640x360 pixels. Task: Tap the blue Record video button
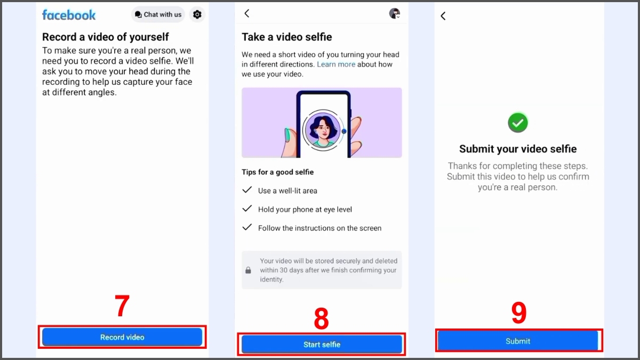(122, 337)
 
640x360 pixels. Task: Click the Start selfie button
(322, 345)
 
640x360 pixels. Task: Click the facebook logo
(69, 15)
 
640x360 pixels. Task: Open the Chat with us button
(158, 15)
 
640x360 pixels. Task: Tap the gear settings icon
(197, 15)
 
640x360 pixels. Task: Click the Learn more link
(336, 65)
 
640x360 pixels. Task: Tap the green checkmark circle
(517, 123)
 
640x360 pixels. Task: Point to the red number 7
(122, 307)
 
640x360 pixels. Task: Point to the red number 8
(321, 319)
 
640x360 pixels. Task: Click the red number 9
(519, 313)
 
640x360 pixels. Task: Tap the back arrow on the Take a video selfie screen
(247, 14)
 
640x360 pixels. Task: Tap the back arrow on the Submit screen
(443, 16)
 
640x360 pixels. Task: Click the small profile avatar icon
(395, 14)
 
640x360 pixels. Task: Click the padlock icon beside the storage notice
(248, 270)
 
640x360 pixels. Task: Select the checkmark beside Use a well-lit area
(247, 190)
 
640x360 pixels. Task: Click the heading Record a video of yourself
(106, 37)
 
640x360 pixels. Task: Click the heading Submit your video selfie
(518, 149)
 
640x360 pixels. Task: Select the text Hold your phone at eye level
(305, 210)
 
